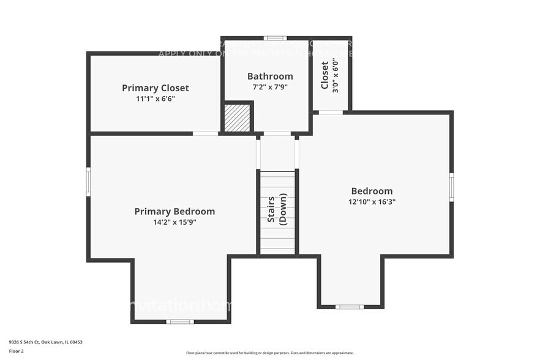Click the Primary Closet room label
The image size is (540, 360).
click(155, 88)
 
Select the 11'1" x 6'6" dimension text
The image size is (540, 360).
click(155, 99)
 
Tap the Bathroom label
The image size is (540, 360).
click(270, 77)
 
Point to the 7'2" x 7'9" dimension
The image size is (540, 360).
click(270, 87)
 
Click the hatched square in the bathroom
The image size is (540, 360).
click(237, 118)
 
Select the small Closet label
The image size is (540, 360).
click(324, 75)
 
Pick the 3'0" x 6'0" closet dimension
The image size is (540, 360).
click(335, 75)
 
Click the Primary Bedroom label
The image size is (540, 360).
click(174, 212)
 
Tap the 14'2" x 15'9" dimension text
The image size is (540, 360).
click(174, 222)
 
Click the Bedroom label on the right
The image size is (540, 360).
click(372, 191)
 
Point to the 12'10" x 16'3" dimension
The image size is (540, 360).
click(372, 201)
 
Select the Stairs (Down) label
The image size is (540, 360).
click(277, 210)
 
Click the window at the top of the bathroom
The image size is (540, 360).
click(271, 38)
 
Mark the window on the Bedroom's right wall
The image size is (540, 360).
click(451, 186)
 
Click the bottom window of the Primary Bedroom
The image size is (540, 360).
click(180, 321)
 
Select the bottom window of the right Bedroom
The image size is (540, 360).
click(350, 306)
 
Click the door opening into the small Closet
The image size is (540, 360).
click(331, 112)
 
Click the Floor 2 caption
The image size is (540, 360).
click(17, 351)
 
